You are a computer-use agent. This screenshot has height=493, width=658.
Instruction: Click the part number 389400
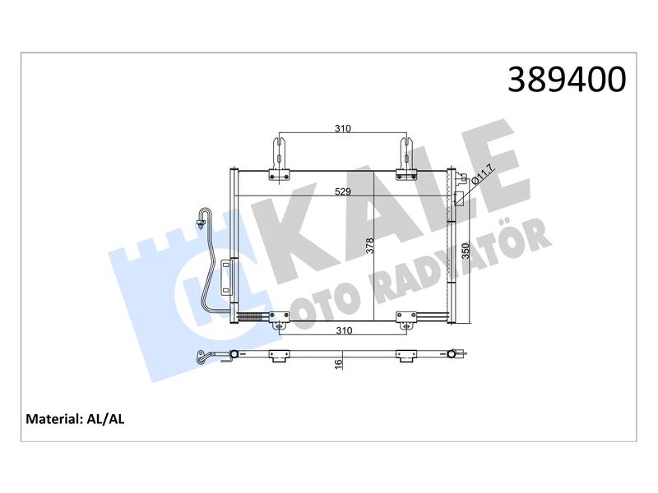tap(567, 80)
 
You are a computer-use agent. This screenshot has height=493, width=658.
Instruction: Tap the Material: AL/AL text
tap(75, 419)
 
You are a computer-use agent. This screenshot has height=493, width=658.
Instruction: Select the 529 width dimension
tap(343, 191)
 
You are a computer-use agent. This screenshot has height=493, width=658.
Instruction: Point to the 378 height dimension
tap(369, 246)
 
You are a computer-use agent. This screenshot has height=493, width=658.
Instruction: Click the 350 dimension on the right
tap(466, 251)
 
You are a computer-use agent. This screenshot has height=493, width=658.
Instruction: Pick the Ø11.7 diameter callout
tap(483, 175)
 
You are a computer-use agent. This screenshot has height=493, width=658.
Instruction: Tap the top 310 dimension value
tap(343, 128)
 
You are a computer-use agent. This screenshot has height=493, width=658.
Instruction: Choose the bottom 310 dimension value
tap(344, 331)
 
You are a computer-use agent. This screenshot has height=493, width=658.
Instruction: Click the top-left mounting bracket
tap(279, 159)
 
